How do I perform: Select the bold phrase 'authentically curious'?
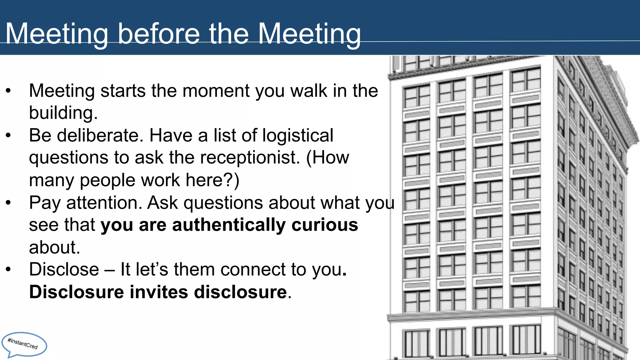coord(265,225)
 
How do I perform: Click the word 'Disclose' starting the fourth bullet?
coord(64,269)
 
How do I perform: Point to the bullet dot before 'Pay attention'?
coord(8,202)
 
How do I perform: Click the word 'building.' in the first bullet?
coord(63,113)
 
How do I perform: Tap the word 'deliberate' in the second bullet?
coord(100,136)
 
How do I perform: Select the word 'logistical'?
coord(297,136)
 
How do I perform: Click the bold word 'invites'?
coord(159,292)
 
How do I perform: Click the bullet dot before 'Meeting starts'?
coord(8,91)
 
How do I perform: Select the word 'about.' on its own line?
coord(55,247)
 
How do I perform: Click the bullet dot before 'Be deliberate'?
coord(8,136)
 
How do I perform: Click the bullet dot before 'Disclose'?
coord(8,269)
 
